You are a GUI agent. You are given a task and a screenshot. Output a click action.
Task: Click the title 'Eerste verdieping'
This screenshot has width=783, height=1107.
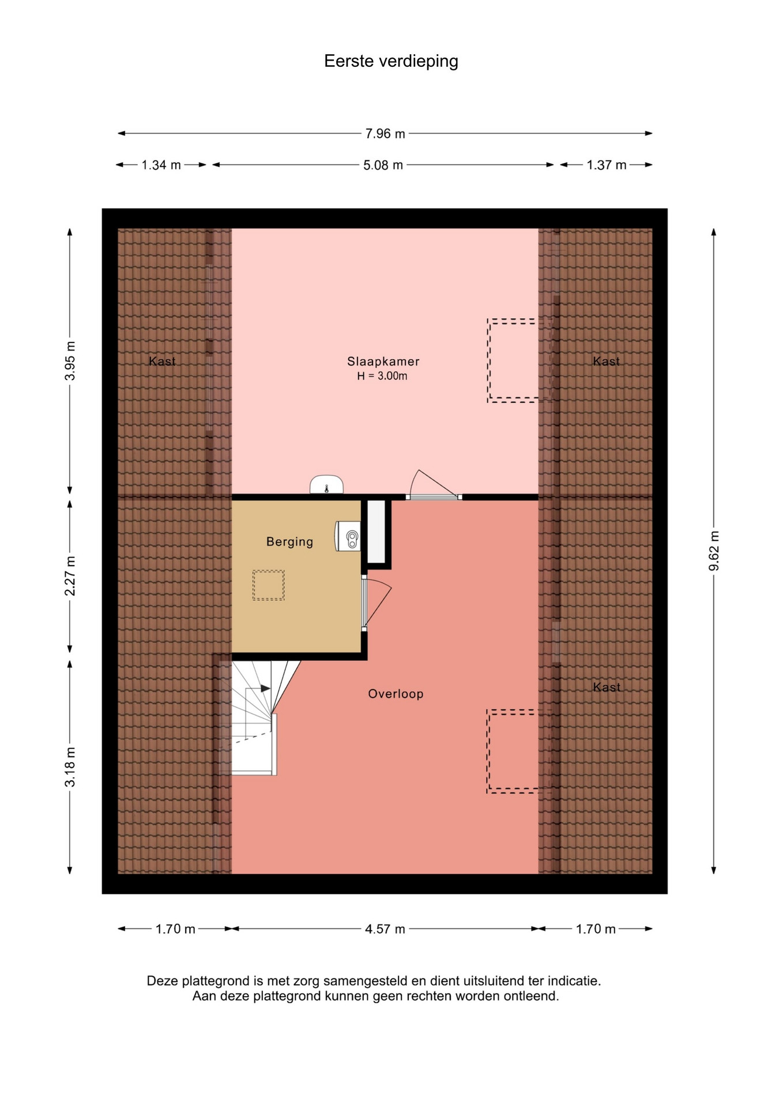coord(391,61)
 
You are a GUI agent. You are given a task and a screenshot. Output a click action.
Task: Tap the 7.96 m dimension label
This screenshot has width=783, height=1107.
coord(385,134)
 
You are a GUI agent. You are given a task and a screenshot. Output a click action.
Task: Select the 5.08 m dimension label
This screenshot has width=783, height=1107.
coord(383,165)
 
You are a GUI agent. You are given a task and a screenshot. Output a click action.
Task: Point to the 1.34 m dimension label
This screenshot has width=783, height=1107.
coord(161,165)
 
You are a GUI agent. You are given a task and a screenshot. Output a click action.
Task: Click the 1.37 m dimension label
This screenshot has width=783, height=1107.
coord(607,165)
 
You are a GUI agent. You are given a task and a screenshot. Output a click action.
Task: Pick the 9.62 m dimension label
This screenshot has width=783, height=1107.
coord(714,551)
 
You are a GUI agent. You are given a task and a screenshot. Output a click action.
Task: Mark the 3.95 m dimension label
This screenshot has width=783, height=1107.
coord(70,361)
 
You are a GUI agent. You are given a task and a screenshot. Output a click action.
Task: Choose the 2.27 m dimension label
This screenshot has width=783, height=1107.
coord(70,576)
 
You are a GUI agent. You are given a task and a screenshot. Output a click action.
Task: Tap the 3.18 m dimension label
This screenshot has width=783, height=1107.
coord(70,767)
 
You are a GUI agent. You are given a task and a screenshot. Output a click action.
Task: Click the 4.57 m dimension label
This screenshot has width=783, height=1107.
coord(385,929)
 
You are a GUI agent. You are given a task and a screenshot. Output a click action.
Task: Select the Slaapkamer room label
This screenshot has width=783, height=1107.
coord(383,362)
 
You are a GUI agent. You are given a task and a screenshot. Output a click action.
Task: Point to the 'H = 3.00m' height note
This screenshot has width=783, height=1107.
coord(382,376)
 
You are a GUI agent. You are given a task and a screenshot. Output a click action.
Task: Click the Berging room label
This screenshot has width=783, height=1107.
coord(289,542)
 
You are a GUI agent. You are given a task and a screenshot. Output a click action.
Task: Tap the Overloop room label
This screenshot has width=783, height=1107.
coord(396,694)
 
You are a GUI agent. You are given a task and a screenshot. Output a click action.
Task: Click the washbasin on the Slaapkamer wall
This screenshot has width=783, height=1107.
coord(326,484)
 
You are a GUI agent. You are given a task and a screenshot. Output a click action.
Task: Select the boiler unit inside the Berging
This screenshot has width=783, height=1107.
coord(348,536)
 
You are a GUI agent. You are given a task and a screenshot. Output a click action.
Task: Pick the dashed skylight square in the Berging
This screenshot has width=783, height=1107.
coord(268,585)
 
